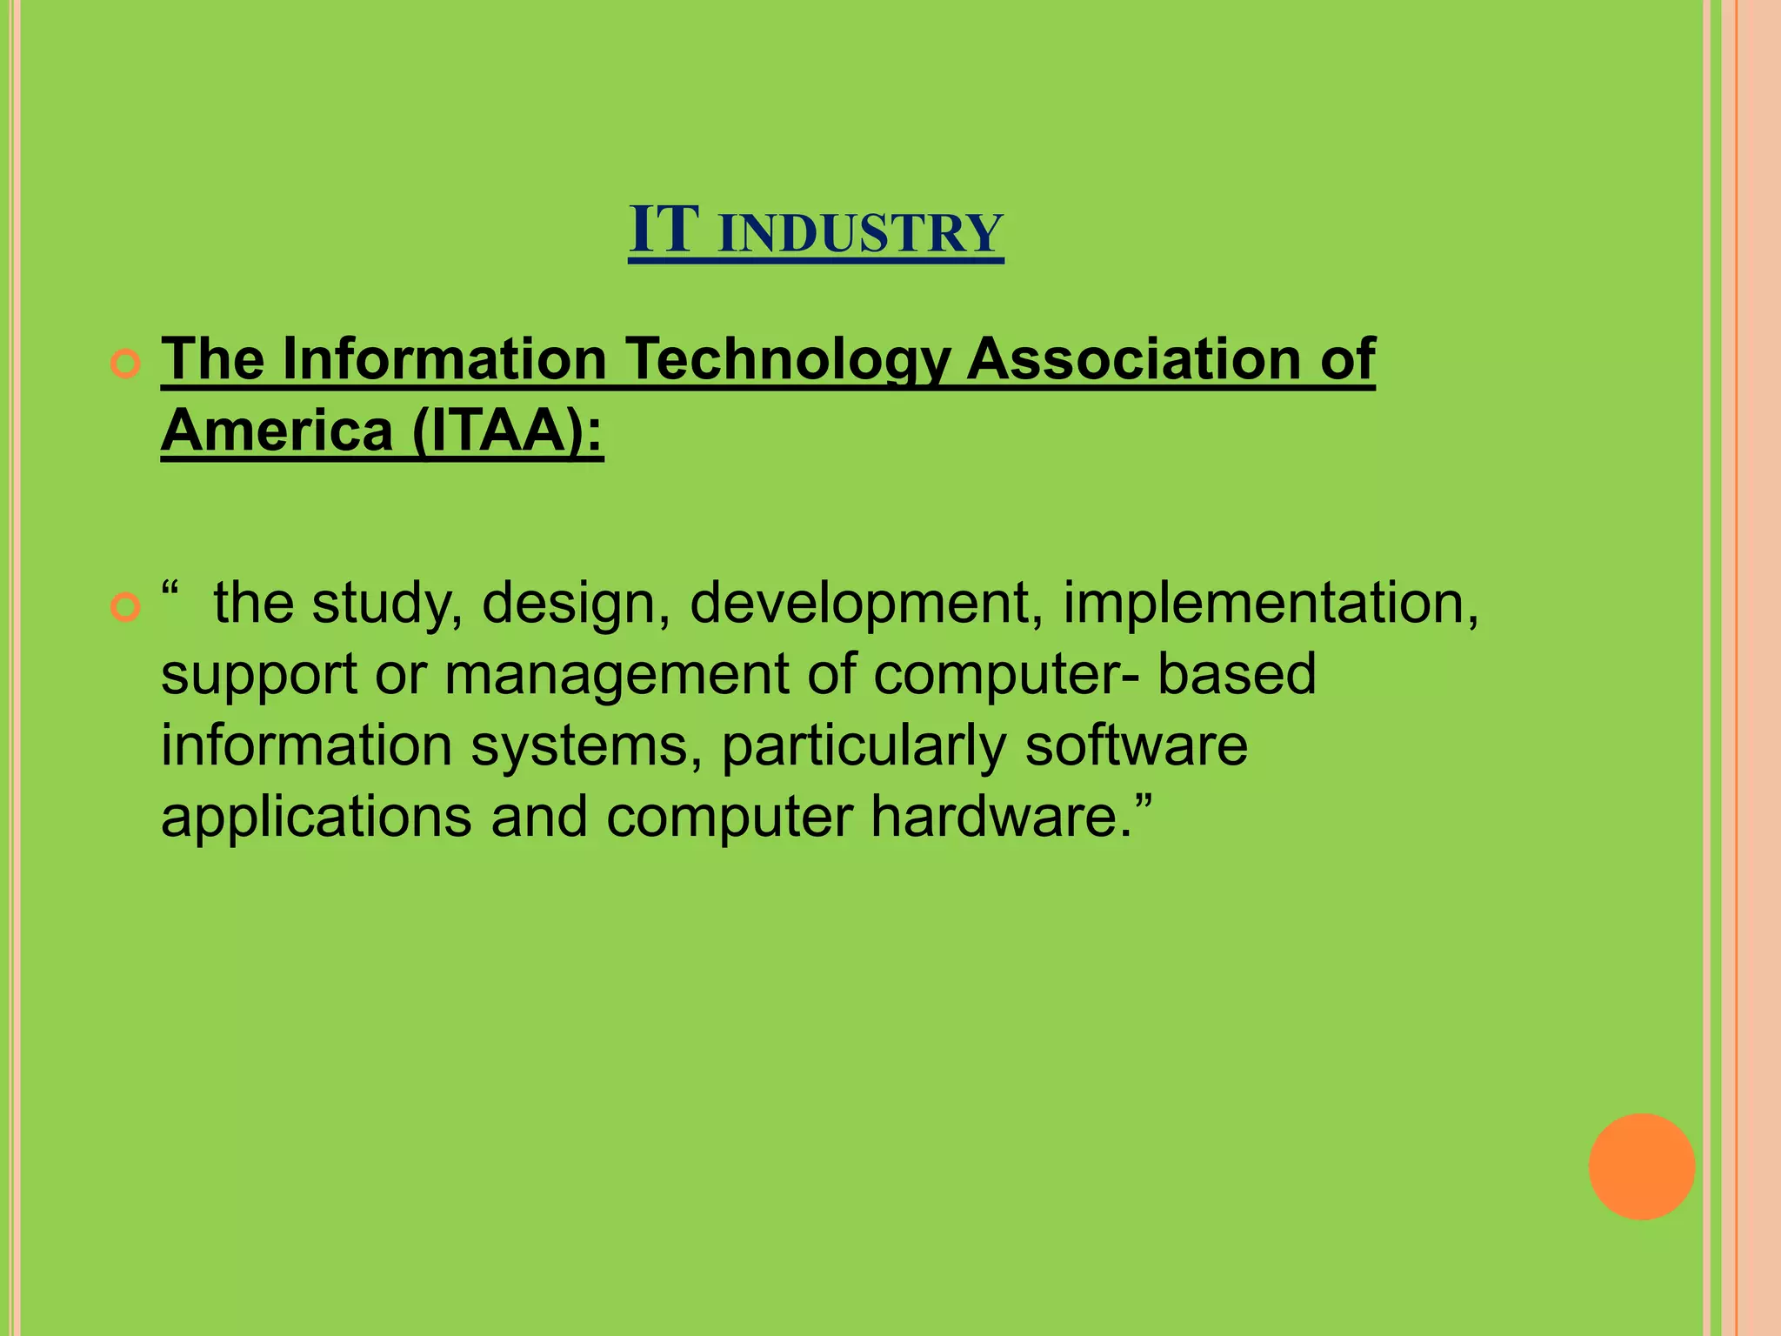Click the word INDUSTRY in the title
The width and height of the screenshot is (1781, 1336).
tap(861, 233)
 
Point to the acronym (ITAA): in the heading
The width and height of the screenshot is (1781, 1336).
tap(507, 431)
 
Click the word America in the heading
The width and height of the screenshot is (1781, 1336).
tap(277, 431)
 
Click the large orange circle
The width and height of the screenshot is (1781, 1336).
tap(1641, 1166)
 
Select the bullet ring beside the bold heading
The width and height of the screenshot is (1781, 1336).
tap(126, 364)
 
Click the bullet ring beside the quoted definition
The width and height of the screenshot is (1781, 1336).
tap(126, 608)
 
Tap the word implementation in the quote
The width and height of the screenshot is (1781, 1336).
tap(1270, 603)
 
